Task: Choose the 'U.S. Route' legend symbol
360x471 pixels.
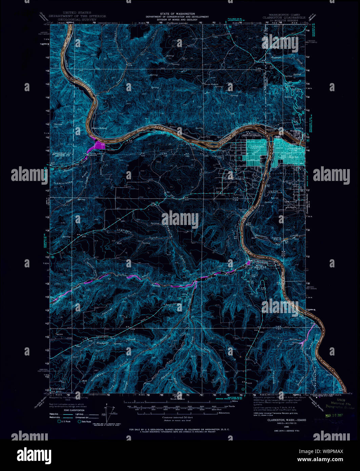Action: [x=60, y=422]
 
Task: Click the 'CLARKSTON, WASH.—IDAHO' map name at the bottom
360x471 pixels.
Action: [x=286, y=420]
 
